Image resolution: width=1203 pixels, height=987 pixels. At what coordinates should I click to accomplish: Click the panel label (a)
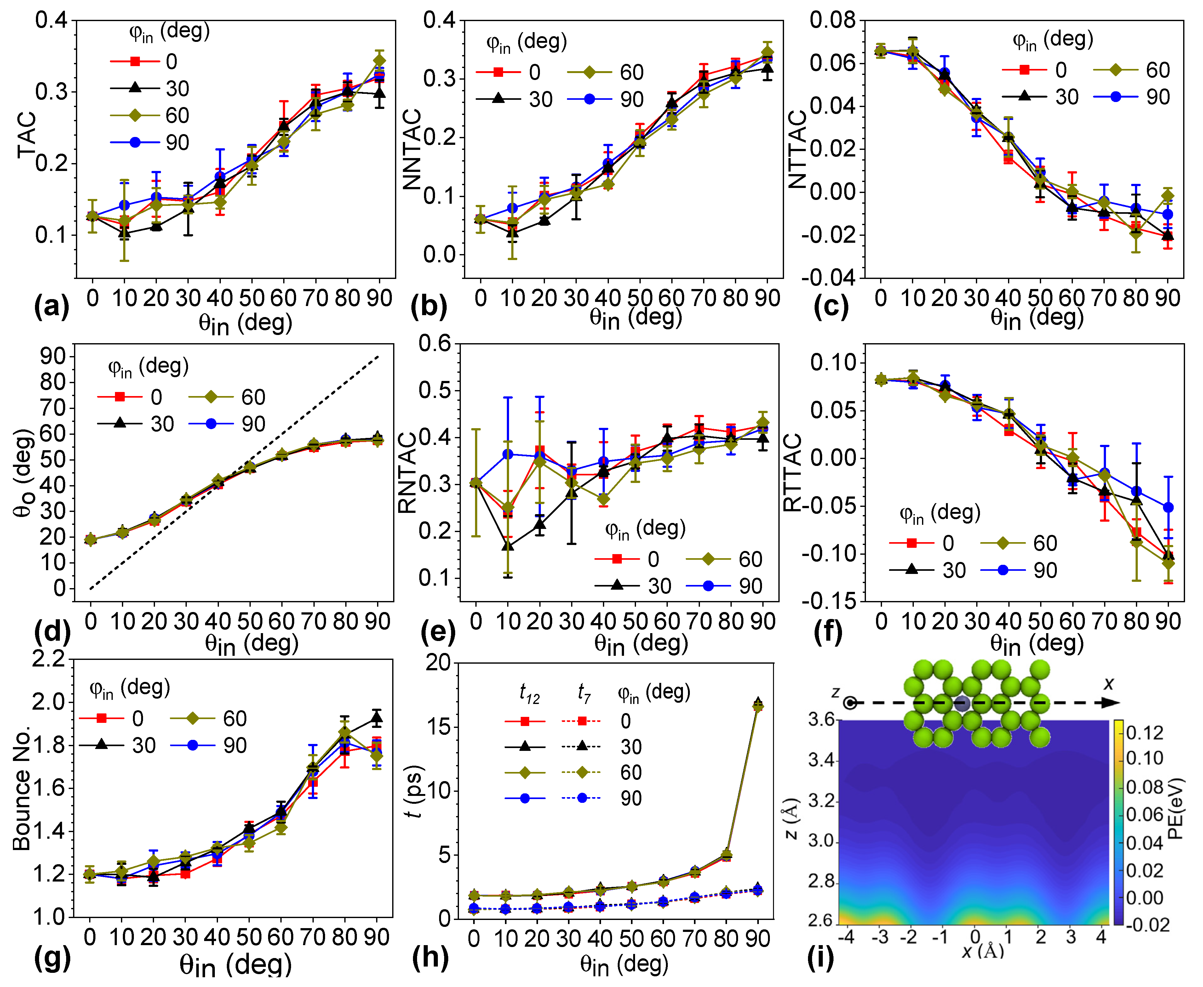(51, 308)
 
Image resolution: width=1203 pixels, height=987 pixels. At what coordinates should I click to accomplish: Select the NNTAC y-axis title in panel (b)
(412, 149)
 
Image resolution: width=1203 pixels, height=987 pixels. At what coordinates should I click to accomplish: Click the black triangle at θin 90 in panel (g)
(376, 718)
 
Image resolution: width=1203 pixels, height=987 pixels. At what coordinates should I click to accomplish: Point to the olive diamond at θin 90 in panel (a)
(379, 61)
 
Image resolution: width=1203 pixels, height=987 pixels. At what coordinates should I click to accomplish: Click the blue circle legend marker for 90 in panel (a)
(135, 142)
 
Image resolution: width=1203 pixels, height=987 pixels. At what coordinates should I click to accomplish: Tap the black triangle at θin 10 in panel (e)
(508, 546)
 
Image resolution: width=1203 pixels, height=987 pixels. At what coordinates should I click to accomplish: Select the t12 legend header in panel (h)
(529, 693)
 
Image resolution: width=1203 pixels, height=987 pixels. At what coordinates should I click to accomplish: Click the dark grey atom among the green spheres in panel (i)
(962, 704)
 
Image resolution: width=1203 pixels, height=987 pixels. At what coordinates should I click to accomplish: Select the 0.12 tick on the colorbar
(1144, 733)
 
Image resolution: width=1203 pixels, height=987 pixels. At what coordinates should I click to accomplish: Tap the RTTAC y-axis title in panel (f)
(792, 473)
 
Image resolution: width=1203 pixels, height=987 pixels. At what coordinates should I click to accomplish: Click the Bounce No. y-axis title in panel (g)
(22, 789)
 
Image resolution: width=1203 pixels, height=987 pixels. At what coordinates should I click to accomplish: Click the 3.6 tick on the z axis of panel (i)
(821, 720)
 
